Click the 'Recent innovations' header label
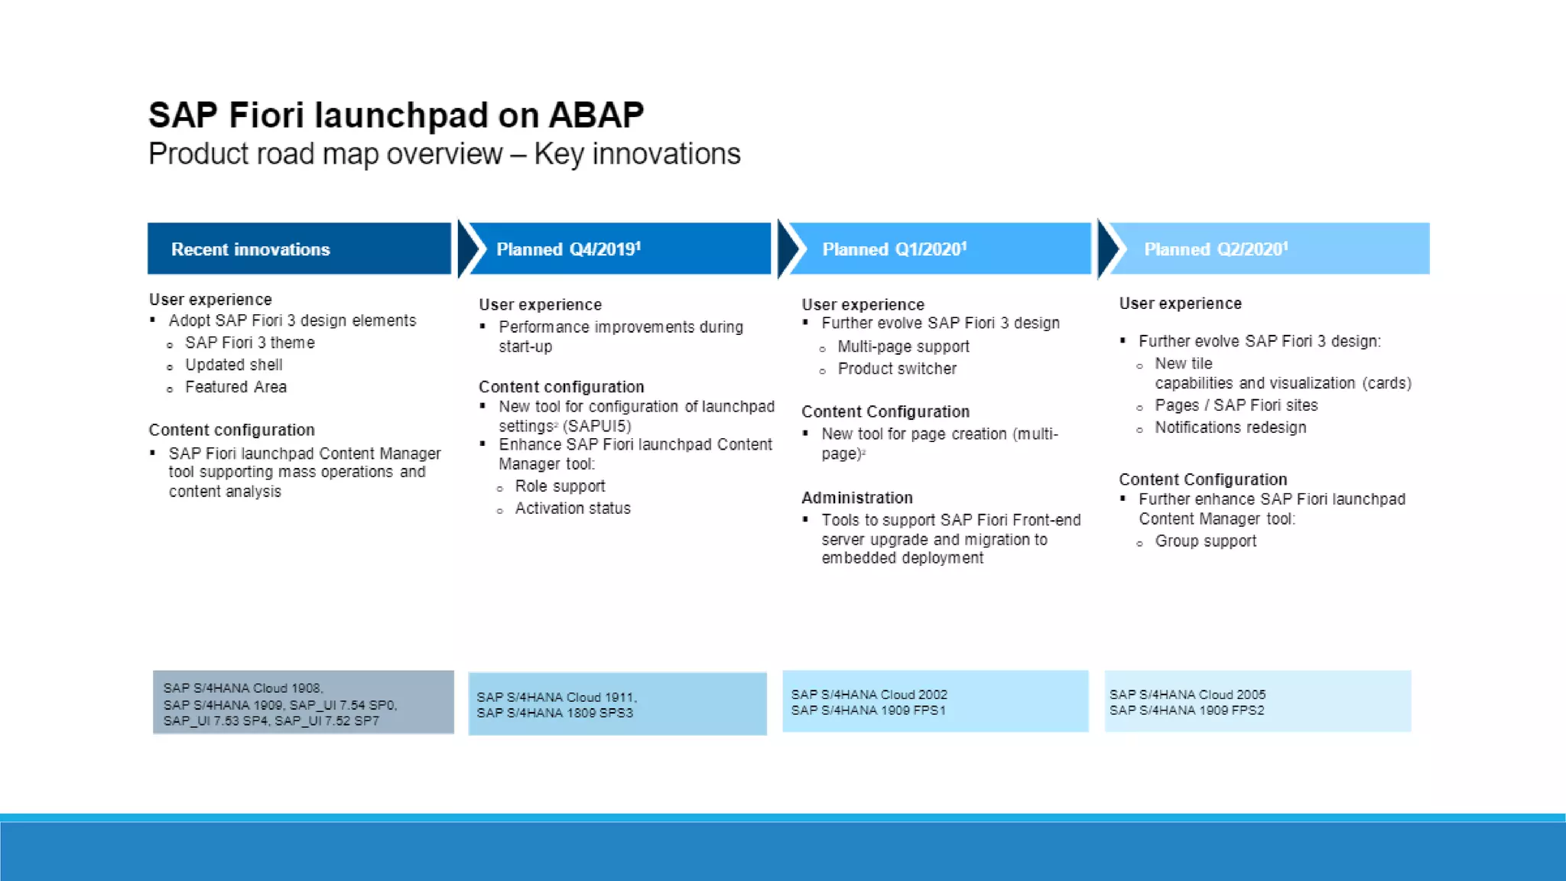click(x=250, y=249)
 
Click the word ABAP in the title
click(x=596, y=115)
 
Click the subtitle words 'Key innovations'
click(x=637, y=154)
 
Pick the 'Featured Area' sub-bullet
click(x=236, y=387)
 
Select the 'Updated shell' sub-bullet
click(x=233, y=365)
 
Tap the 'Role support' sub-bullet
click(x=560, y=486)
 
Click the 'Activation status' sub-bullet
click(x=572, y=509)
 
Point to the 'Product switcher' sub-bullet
click(x=896, y=369)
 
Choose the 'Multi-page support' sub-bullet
click(x=903, y=346)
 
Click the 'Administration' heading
click(x=856, y=498)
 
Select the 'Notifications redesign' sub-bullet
click(x=1230, y=427)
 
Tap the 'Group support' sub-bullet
click(x=1205, y=541)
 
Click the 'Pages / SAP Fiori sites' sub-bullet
click(x=1236, y=405)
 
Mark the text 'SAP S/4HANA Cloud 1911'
click(x=556, y=697)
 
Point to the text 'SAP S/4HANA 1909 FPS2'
click(x=1186, y=710)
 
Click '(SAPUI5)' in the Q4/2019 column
click(x=596, y=426)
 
